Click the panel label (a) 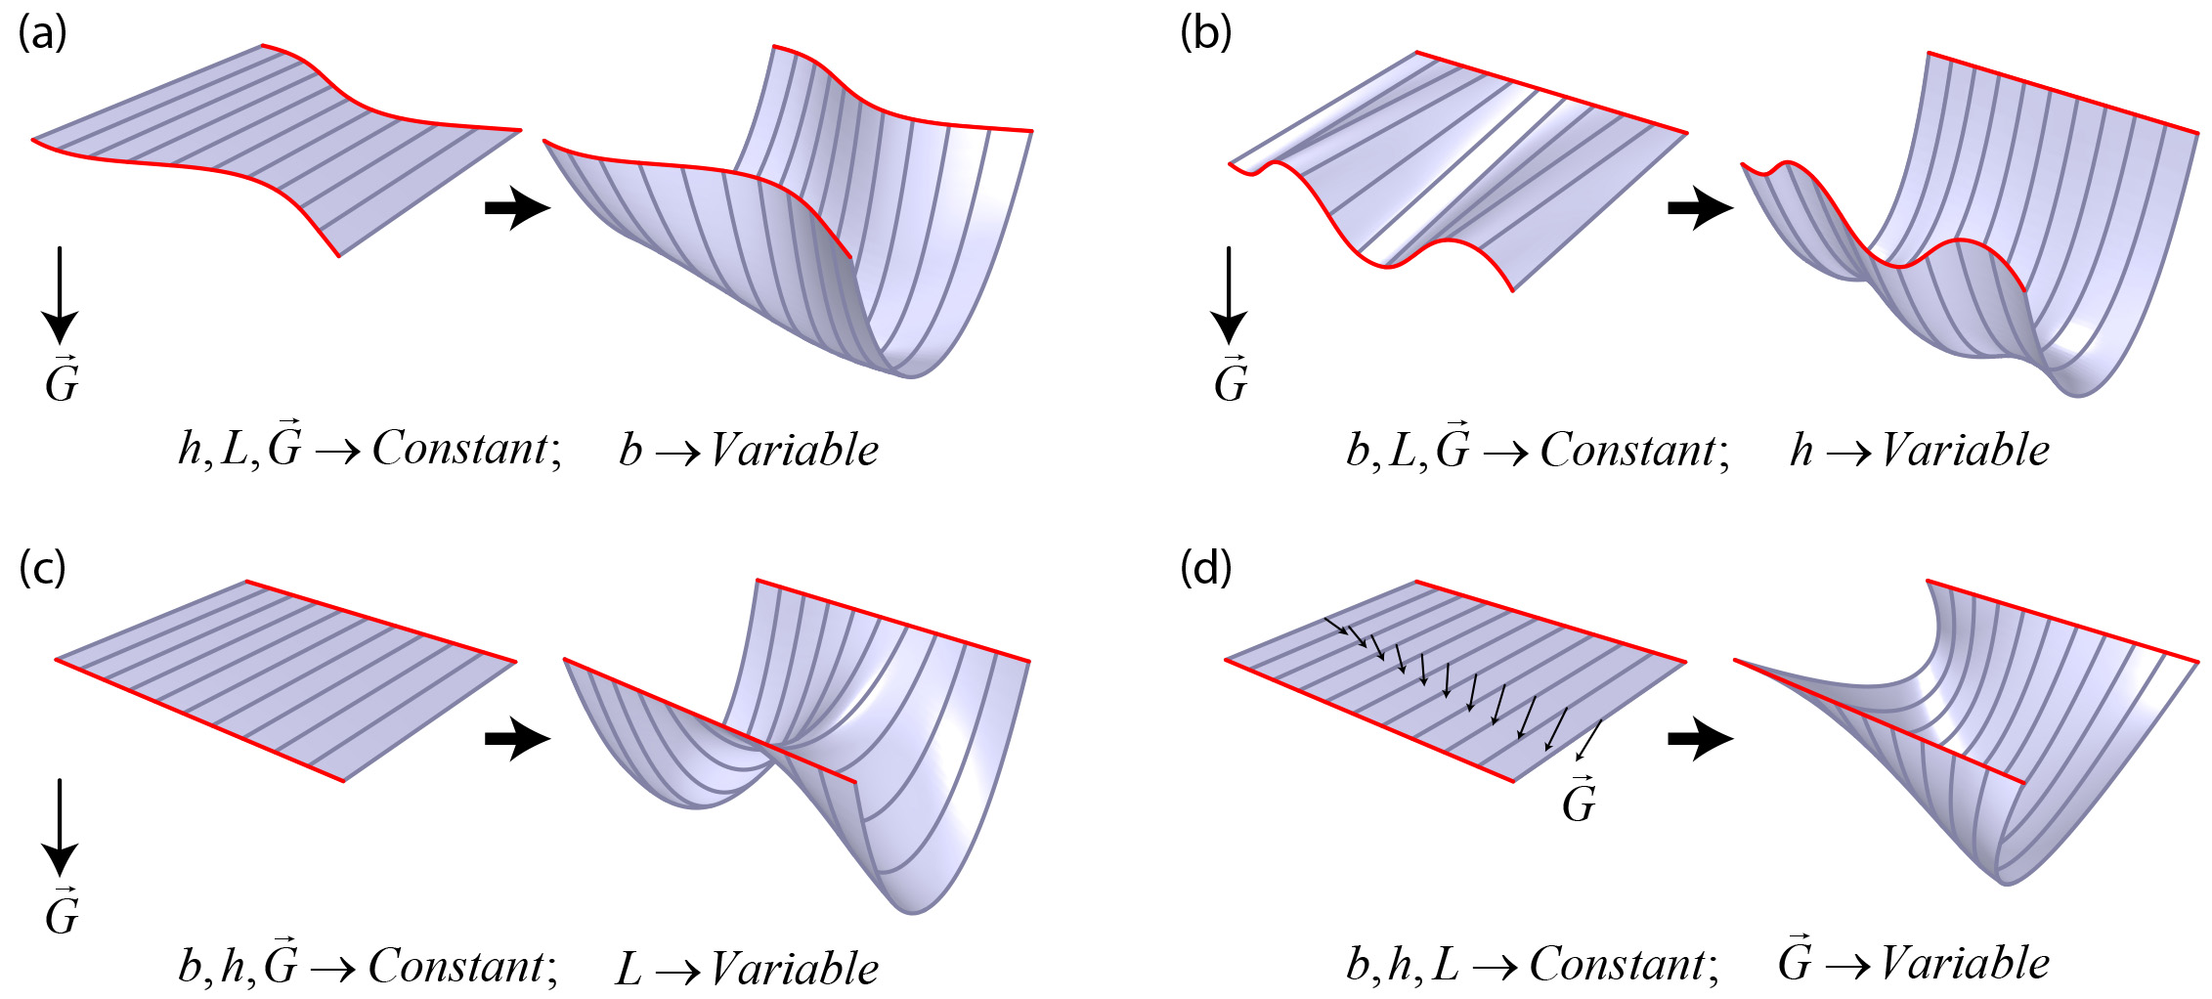[x=42, y=34]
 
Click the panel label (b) [x=1205, y=34]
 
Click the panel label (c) [x=42, y=568]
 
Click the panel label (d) [x=1205, y=568]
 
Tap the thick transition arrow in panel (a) [x=517, y=207]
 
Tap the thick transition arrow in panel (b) [x=1700, y=207]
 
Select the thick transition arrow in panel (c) [x=517, y=738]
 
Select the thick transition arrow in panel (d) [x=1700, y=738]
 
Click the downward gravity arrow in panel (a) [x=61, y=293]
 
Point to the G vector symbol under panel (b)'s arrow [x=1231, y=381]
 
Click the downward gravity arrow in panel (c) [x=61, y=826]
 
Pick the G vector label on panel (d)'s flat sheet [x=1579, y=801]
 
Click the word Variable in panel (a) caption [x=794, y=451]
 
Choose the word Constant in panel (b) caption [x=1628, y=451]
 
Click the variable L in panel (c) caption [x=629, y=969]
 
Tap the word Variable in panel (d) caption [x=1965, y=964]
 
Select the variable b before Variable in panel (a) [x=630, y=451]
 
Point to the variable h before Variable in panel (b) [x=1801, y=451]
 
